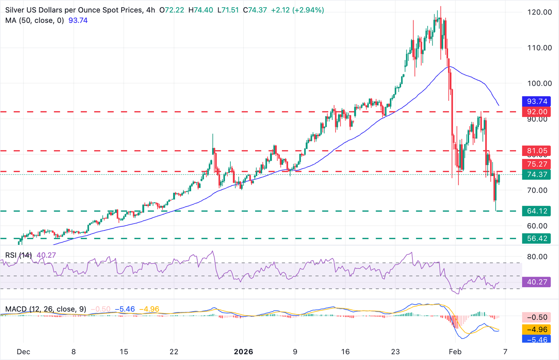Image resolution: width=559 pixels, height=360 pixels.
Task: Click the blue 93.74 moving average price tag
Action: [x=536, y=101]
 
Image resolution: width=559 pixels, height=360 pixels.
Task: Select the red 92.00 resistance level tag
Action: [x=536, y=112]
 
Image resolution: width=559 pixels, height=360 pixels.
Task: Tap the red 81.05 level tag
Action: [x=536, y=151]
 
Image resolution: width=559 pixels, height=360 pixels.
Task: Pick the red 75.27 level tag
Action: [x=536, y=164]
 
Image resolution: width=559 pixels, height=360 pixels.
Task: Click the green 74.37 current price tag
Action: [x=536, y=175]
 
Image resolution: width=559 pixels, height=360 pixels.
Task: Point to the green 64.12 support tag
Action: [x=536, y=211]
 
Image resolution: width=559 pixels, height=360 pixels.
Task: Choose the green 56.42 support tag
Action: [x=536, y=239]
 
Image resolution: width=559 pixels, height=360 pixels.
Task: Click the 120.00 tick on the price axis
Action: [x=539, y=12]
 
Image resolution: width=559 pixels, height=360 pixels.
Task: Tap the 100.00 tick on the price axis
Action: [x=539, y=83]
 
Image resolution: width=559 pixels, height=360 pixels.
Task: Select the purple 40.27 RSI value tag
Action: [x=536, y=282]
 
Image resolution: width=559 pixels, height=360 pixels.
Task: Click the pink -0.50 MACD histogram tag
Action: [x=536, y=317]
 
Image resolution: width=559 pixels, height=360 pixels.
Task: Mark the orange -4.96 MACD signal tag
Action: [x=536, y=329]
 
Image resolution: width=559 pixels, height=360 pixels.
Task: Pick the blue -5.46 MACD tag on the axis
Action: [x=536, y=340]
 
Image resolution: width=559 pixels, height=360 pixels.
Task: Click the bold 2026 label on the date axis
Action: [x=243, y=352]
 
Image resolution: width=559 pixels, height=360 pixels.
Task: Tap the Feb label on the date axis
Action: [x=455, y=352]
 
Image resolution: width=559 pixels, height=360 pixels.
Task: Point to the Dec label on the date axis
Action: [x=24, y=352]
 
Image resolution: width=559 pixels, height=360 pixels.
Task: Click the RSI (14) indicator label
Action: [x=18, y=255]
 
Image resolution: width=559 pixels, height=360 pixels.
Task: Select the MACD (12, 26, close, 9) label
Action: [x=45, y=309]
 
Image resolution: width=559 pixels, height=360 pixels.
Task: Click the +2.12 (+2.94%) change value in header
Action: [x=297, y=10]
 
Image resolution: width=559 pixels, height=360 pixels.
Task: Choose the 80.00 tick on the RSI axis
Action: [x=537, y=257]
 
